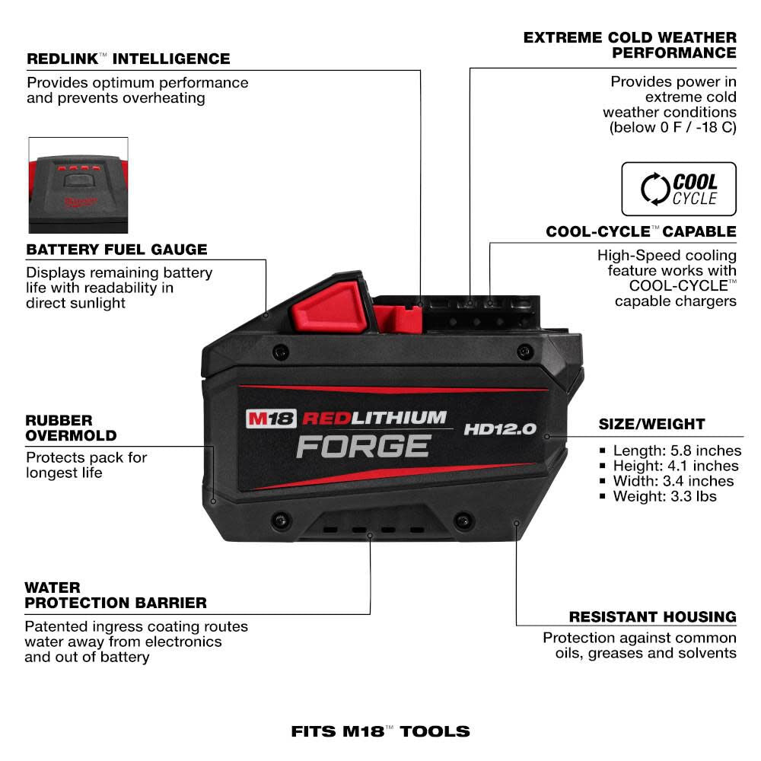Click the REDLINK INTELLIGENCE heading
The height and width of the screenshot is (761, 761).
128,59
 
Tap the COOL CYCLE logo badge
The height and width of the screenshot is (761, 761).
679,189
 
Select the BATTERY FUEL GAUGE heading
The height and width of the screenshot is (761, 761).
116,250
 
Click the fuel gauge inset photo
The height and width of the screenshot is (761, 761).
78,185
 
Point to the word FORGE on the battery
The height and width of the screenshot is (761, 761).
363,446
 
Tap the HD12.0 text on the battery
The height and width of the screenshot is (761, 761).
500,429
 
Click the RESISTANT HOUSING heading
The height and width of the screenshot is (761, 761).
652,616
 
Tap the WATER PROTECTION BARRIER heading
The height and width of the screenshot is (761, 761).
115,595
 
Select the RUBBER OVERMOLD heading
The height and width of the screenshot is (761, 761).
71,428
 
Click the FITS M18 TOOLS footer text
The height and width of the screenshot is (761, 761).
380,732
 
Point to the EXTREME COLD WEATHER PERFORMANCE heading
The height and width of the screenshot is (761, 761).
629,45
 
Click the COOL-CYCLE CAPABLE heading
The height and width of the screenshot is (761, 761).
641,231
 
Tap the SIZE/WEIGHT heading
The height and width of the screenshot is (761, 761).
651,424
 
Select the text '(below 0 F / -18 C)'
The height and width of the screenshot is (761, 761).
673,127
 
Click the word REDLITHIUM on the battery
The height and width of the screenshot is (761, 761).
374,417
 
